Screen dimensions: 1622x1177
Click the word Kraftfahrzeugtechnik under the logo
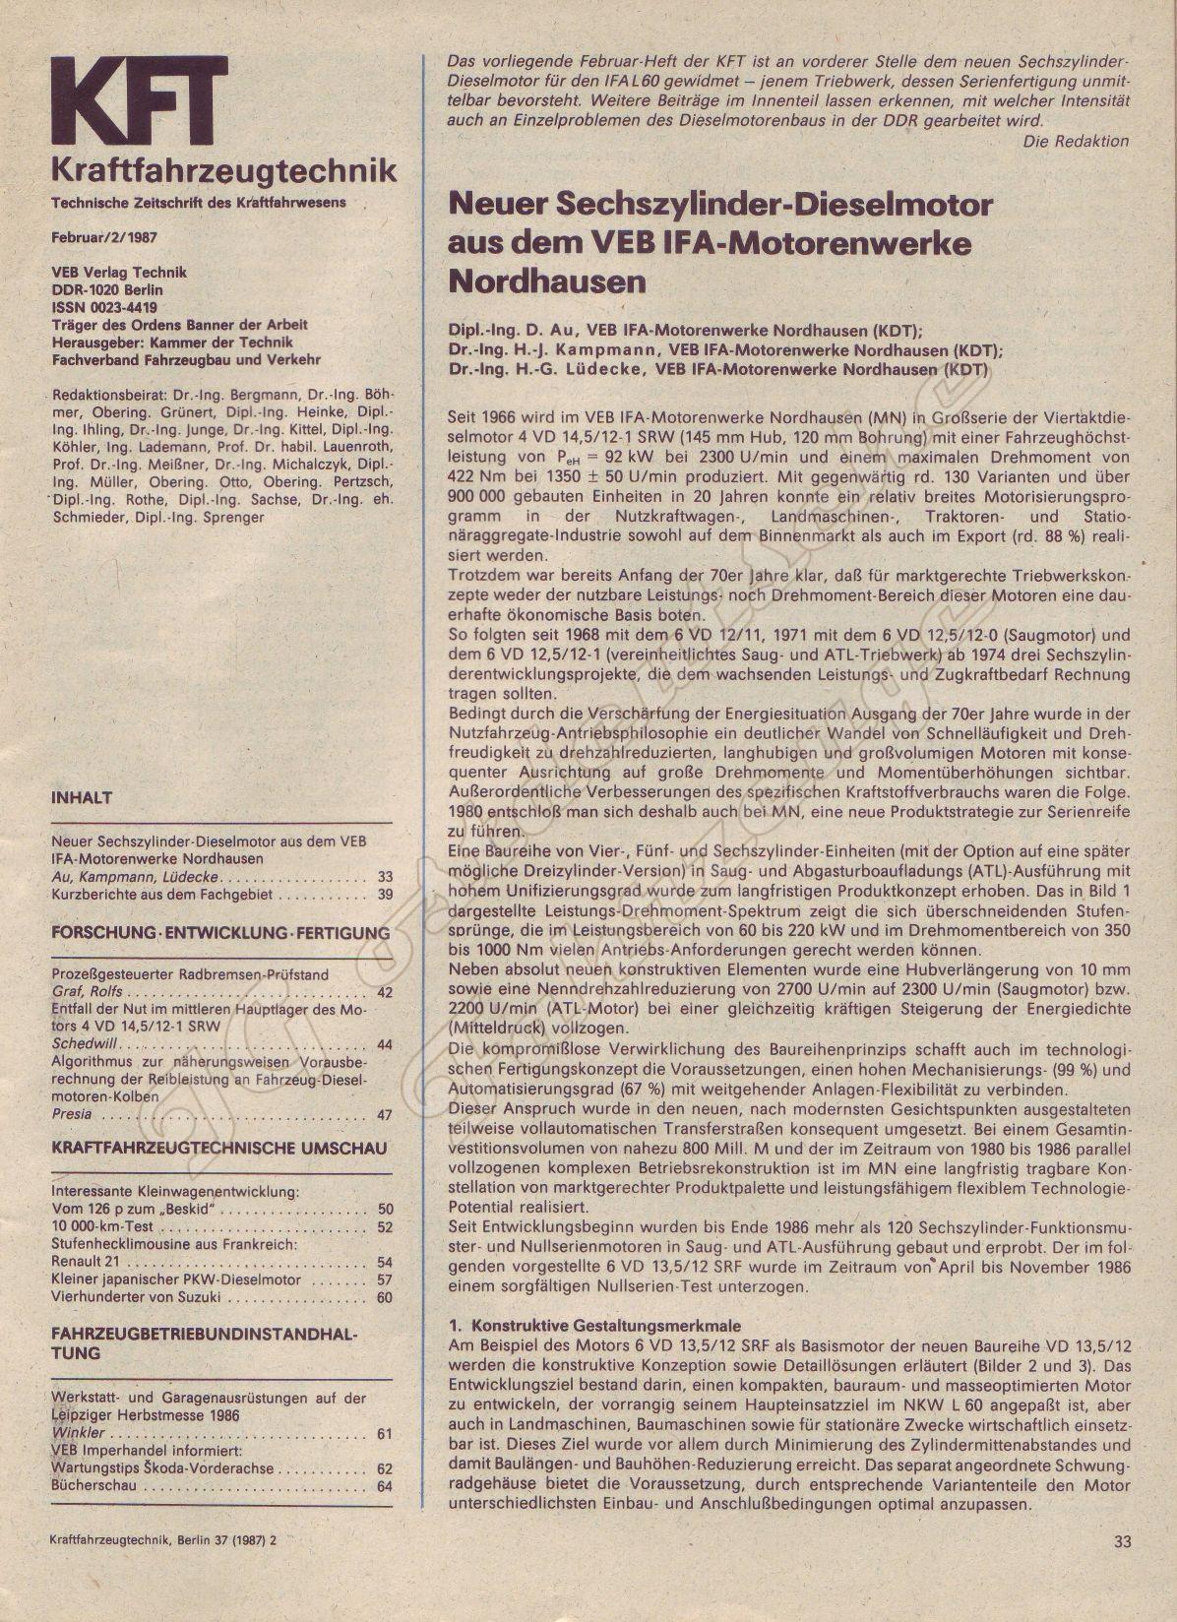pyautogui.click(x=223, y=169)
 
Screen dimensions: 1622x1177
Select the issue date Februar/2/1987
pyautogui.click(x=104, y=238)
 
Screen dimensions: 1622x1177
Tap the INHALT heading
pyautogui.click(x=82, y=797)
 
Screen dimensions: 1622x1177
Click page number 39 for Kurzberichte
pyautogui.click(x=384, y=895)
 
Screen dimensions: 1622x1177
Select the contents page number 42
pyautogui.click(x=384, y=992)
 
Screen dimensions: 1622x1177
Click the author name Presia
pyautogui.click(x=71, y=1114)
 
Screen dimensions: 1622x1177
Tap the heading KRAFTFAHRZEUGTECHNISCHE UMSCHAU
pyautogui.click(x=218, y=1148)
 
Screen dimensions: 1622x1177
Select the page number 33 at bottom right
pyautogui.click(x=1125, y=1541)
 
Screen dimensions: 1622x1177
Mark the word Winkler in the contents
pyautogui.click(x=78, y=1433)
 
